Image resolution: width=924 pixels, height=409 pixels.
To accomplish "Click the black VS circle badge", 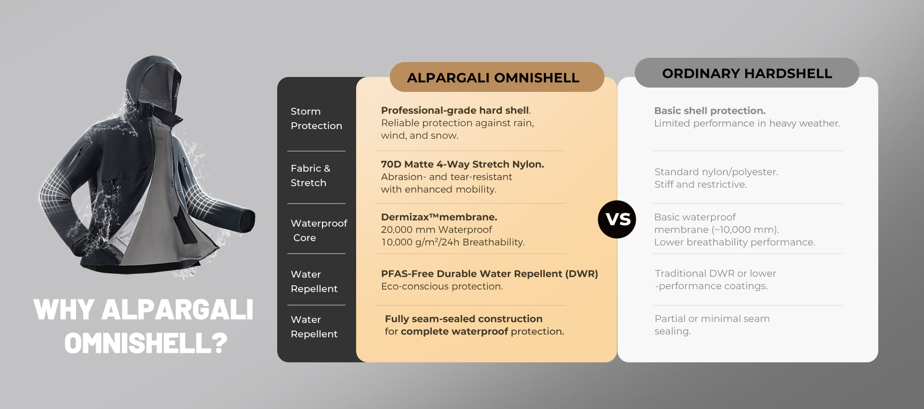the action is click(617, 219).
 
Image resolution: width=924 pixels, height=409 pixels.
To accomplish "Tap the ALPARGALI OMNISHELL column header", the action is click(497, 77).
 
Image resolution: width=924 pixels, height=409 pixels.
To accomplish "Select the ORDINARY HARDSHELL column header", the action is click(747, 73).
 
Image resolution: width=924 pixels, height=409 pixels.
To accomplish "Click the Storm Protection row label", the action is click(316, 118).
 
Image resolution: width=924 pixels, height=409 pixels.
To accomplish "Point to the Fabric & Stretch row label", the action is click(310, 176).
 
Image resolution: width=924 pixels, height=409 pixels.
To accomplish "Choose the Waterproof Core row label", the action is click(319, 230).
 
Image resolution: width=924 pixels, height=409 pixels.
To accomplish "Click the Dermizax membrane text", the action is click(439, 217).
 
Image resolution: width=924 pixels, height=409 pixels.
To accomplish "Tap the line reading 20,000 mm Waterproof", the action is click(436, 230).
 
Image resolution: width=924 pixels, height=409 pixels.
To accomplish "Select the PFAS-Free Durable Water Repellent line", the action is click(489, 274).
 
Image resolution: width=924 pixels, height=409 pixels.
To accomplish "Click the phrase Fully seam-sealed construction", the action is click(463, 319).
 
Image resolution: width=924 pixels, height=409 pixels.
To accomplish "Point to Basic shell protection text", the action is click(710, 111).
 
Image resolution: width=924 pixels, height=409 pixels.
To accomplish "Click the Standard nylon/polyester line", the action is click(716, 172).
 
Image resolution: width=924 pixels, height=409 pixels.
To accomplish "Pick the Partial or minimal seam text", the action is click(712, 319).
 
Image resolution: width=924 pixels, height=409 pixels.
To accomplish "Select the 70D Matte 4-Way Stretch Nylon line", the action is click(462, 164).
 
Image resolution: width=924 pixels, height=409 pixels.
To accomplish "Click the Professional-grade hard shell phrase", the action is click(455, 111).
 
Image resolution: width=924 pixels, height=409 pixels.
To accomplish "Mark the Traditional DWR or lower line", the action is click(715, 273).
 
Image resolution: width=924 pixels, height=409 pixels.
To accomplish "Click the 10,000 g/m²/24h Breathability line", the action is click(453, 242).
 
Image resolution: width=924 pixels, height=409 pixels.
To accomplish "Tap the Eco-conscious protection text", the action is click(442, 286).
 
